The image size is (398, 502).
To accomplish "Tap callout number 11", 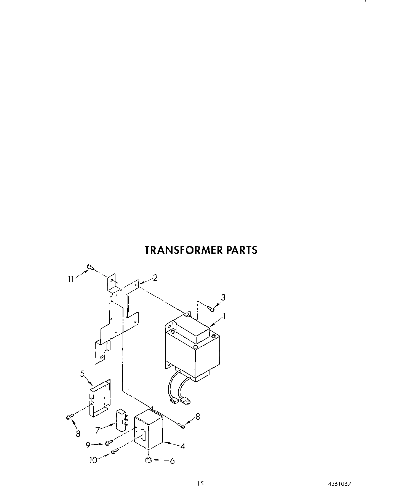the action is pos(71,279).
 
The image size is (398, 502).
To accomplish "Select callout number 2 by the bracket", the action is pos(155,278).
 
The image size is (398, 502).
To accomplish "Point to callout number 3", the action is pos(223,297).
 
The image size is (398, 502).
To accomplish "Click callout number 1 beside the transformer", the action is pos(225,316).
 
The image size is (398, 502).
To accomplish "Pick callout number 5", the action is pos(82,374).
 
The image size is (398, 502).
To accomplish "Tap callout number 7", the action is pos(98,430).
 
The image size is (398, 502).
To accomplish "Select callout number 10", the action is pos(93,460).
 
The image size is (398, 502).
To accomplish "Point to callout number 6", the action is pos(172,461).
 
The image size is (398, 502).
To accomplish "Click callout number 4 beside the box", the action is pos(182,446).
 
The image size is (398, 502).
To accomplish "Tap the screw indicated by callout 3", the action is pos(211,309).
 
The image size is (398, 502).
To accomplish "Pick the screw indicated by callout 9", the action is pos(109,443).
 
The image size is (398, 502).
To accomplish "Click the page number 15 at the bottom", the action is pos(200,484).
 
